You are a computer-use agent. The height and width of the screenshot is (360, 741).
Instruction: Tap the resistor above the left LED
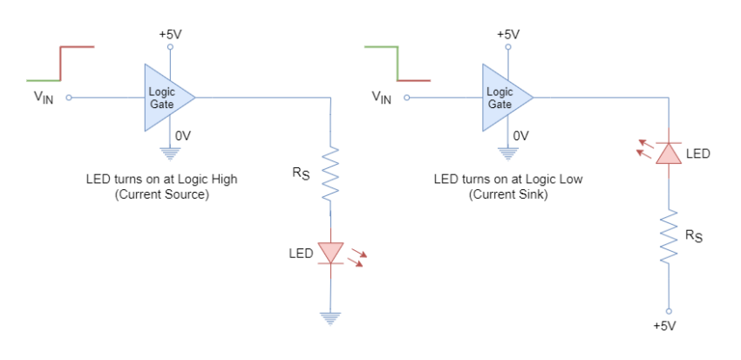(330, 173)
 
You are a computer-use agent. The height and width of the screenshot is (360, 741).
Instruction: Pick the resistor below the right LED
(669, 235)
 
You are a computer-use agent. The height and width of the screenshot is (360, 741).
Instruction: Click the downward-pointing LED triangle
(330, 252)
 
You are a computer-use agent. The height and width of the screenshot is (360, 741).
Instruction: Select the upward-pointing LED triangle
(669, 153)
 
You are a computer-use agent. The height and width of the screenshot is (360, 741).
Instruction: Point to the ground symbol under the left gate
(170, 154)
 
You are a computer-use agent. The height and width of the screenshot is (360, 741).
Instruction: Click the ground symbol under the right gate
(508, 154)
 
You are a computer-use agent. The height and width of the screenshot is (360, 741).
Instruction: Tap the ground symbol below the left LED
(330, 319)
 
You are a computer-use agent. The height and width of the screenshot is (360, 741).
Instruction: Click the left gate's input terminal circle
(69, 98)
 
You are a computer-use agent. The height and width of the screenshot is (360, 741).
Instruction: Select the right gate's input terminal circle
(407, 98)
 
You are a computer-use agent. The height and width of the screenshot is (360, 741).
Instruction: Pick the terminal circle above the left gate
(170, 46)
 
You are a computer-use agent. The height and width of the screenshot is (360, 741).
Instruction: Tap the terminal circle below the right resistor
(669, 309)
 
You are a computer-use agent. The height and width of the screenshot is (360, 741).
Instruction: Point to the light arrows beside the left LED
(356, 256)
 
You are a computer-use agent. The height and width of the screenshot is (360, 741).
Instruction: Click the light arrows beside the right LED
(643, 147)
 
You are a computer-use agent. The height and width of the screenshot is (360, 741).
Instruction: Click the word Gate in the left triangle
(161, 105)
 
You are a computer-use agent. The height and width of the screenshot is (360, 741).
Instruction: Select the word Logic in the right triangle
(500, 92)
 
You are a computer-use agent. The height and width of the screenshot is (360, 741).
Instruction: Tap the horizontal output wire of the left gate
(262, 98)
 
